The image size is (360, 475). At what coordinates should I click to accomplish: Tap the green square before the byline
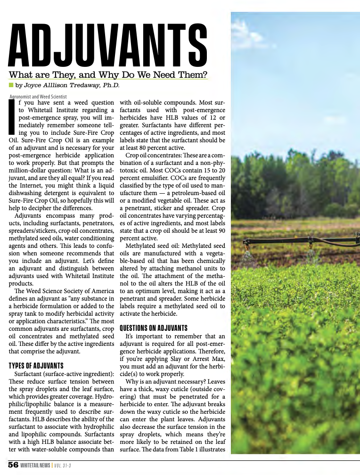click(x=11, y=85)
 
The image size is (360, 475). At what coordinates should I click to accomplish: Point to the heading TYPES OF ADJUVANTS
click(x=36, y=365)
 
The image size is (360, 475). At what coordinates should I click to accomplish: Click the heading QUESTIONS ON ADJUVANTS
click(x=154, y=328)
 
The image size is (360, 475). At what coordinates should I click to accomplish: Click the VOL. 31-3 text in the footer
click(x=62, y=466)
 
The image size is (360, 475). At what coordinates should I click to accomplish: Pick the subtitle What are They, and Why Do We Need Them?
click(x=108, y=74)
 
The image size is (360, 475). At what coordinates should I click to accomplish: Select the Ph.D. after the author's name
click(x=110, y=85)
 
